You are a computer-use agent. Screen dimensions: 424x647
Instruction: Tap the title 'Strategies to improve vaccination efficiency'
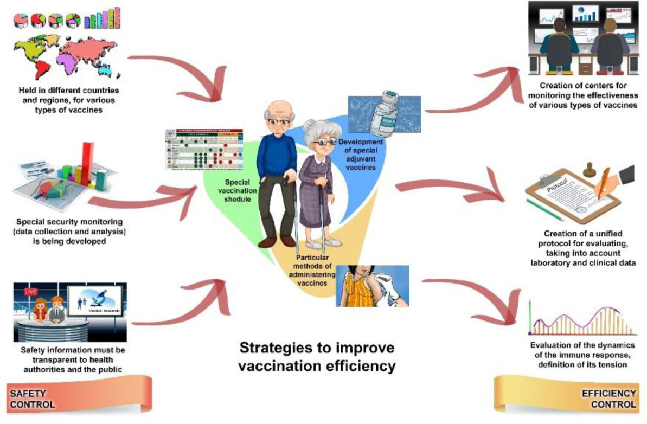click(x=317, y=356)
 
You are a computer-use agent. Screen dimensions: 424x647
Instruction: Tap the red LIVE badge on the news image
click(x=27, y=292)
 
